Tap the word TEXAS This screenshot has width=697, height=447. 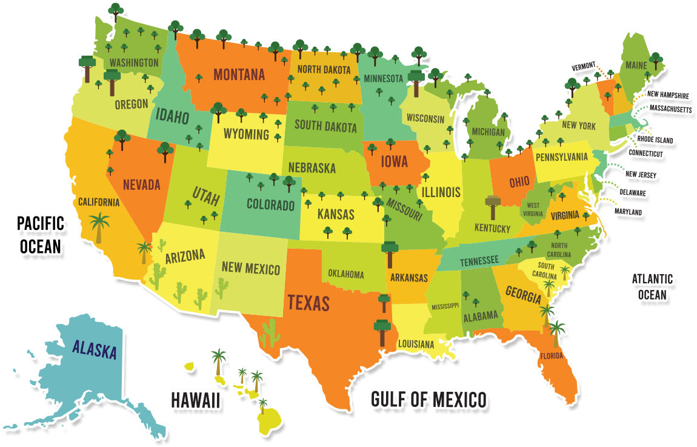[308, 303]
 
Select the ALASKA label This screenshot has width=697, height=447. [94, 349]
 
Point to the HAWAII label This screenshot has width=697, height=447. [195, 400]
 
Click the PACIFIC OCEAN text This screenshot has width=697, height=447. [41, 234]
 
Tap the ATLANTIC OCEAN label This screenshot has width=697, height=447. [653, 287]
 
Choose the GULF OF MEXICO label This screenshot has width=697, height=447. [429, 400]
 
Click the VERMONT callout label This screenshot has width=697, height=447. [584, 66]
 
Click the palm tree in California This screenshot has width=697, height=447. [99, 227]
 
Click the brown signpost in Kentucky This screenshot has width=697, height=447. [492, 207]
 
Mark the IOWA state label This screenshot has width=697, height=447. [394, 162]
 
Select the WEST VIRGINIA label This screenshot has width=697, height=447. [533, 209]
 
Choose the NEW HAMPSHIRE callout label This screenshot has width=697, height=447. [667, 95]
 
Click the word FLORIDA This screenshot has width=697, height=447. [552, 355]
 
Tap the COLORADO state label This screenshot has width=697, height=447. [270, 204]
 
